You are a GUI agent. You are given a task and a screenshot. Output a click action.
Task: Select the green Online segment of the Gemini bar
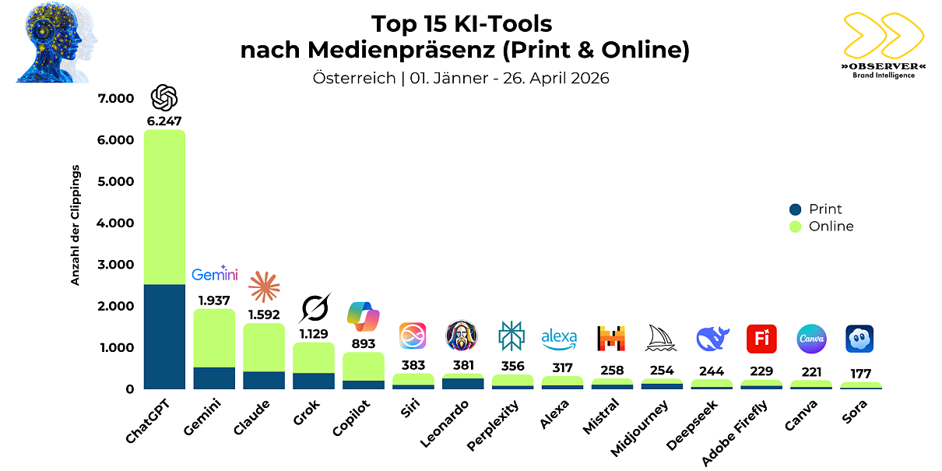(x=214, y=338)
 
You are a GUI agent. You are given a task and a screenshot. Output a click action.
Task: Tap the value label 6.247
(x=164, y=121)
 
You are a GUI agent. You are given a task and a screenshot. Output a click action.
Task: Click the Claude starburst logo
(x=264, y=287)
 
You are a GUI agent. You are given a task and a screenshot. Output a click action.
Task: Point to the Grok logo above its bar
(x=314, y=308)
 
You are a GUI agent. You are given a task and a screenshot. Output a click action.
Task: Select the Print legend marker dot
(x=794, y=209)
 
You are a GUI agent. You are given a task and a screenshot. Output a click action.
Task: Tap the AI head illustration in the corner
(x=54, y=43)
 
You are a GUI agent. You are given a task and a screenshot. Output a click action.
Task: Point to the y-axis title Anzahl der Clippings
(x=76, y=225)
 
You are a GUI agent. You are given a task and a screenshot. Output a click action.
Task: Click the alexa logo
(x=559, y=338)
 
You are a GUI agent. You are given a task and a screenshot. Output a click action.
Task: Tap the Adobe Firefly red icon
(x=761, y=339)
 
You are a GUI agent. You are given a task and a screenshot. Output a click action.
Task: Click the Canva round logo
(x=810, y=339)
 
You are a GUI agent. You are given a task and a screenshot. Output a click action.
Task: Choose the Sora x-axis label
(x=856, y=411)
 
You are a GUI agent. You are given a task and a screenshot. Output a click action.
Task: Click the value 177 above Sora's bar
(x=859, y=374)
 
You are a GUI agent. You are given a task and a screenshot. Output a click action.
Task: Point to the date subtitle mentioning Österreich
(x=461, y=78)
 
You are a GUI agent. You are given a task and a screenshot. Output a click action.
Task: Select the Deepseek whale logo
(x=712, y=339)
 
